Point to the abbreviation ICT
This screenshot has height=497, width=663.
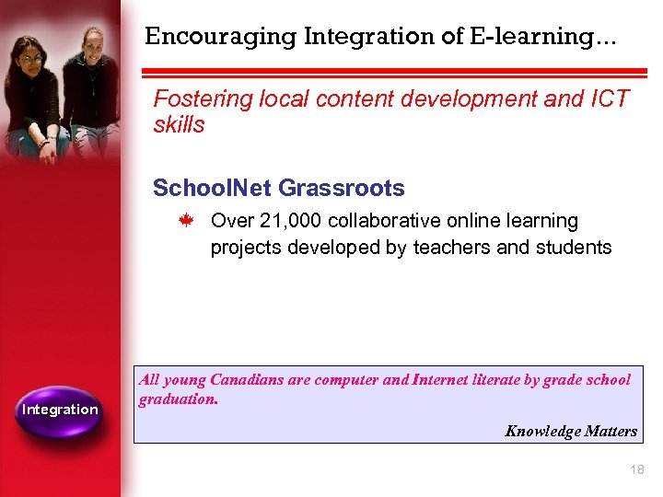(x=609, y=98)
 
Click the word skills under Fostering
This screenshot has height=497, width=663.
(x=179, y=125)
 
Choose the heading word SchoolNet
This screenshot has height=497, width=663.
(x=211, y=189)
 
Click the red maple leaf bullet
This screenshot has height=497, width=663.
(x=184, y=222)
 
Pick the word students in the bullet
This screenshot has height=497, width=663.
(x=573, y=247)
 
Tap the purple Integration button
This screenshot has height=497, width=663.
(x=60, y=410)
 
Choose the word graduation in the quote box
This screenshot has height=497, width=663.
(x=178, y=399)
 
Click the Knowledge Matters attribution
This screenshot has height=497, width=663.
(x=570, y=431)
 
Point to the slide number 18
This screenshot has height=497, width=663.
(x=636, y=470)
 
